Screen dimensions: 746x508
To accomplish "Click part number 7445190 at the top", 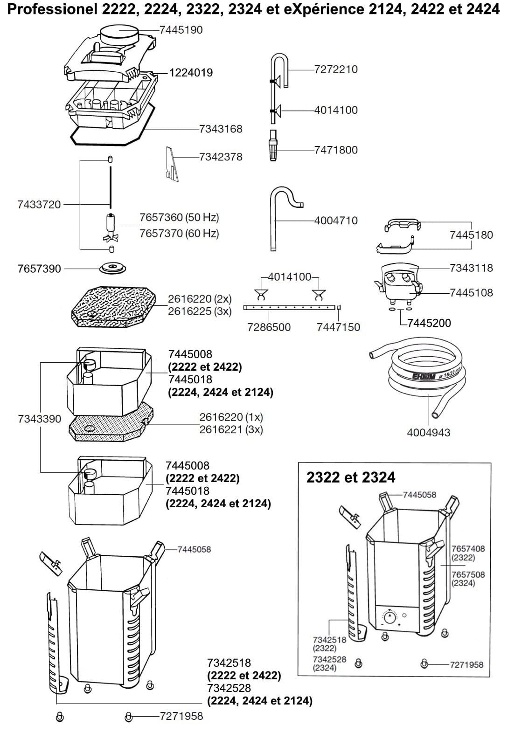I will coord(181,30).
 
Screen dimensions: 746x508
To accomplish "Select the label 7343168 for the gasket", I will coord(221,129).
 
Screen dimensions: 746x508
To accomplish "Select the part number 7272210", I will coord(336,69).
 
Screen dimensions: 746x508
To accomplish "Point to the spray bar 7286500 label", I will coord(269,327).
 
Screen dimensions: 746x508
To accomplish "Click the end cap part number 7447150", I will coord(338,327).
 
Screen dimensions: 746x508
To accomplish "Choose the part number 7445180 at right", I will coord(471,235).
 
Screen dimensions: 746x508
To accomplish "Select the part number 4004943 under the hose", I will coord(429,433).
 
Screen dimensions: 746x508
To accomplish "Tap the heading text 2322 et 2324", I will coord(350,477).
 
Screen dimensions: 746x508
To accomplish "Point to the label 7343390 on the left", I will coord(40,419).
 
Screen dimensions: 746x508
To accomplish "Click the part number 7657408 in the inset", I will coord(468,549).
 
